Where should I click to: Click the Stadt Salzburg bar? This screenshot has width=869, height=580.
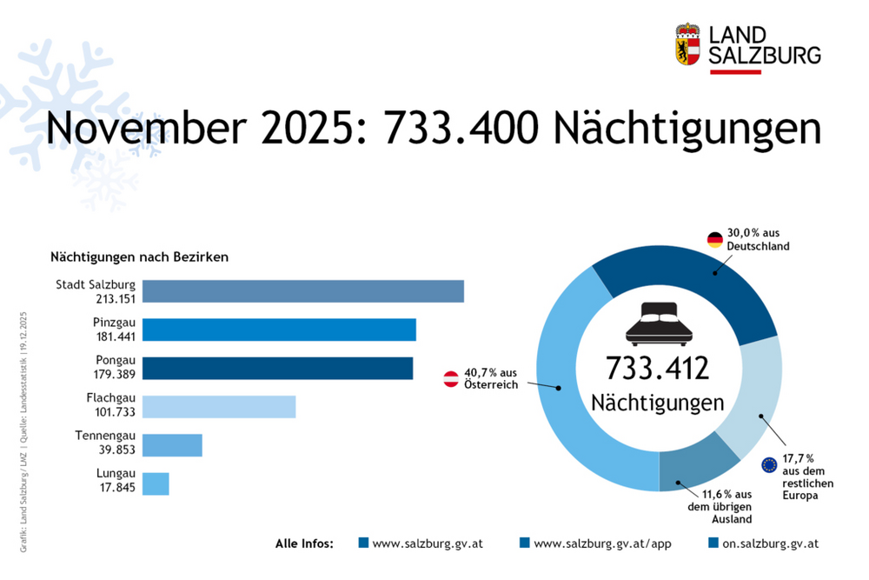[302, 291]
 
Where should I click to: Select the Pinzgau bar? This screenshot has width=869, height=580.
[279, 330]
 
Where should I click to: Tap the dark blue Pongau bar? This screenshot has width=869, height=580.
[277, 368]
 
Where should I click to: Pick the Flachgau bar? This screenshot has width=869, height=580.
[219, 406]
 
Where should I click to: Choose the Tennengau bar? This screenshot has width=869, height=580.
[172, 445]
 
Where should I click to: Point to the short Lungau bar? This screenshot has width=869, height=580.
[156, 483]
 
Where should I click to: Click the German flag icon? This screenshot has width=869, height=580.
[714, 239]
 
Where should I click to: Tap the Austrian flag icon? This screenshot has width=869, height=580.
[452, 378]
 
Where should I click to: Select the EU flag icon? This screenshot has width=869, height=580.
[769, 464]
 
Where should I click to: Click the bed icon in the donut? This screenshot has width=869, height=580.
[658, 324]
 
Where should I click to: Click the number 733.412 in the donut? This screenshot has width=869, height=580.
[658, 367]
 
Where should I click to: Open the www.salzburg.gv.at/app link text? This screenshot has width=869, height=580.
[589, 543]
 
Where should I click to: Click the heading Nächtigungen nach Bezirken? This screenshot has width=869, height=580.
[139, 257]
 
